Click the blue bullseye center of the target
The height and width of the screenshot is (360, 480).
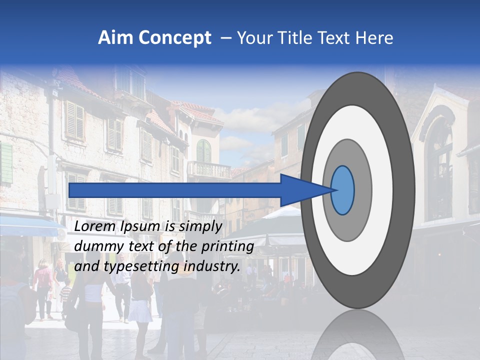(342, 190)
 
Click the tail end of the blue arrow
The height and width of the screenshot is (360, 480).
(70, 190)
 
